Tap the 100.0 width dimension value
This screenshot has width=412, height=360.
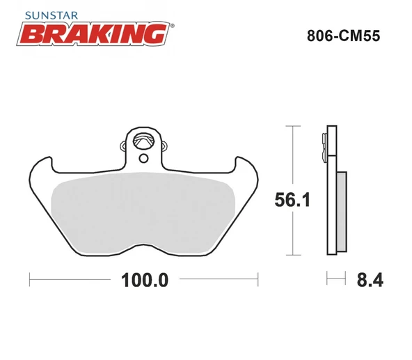click(145, 281)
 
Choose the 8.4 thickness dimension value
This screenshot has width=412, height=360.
click(370, 281)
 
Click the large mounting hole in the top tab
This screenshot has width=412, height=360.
click(144, 141)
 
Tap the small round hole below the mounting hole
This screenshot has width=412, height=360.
click(144, 158)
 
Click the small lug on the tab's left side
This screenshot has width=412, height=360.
click(123, 146)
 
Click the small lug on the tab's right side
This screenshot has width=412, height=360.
click(166, 146)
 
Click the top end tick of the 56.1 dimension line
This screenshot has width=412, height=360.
click(294, 126)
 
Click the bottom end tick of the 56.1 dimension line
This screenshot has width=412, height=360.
click(294, 256)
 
